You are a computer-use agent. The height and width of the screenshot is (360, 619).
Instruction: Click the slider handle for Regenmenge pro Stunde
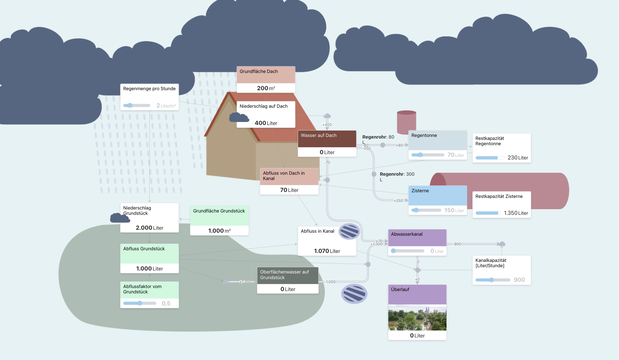click(130, 105)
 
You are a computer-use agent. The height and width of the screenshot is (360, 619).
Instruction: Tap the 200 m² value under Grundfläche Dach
click(266, 88)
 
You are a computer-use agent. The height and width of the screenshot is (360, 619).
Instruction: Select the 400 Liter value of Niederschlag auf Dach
click(266, 123)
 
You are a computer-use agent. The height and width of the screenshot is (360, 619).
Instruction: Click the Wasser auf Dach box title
click(318, 135)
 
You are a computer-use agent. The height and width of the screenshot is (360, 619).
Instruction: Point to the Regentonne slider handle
click(420, 155)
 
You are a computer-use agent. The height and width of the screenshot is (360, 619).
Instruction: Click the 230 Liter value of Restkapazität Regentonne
click(517, 158)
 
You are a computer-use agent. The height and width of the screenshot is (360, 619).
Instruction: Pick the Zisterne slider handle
click(416, 210)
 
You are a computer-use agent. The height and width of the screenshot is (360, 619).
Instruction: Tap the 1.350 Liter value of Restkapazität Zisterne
click(516, 213)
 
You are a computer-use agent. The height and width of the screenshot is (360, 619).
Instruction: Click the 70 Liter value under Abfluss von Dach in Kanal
click(289, 190)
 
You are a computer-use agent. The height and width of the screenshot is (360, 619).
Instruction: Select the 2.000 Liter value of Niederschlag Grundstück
click(149, 228)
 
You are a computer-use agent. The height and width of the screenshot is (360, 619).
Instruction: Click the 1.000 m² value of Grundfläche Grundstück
click(219, 231)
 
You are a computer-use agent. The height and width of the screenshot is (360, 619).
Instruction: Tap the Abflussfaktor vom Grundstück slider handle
click(140, 303)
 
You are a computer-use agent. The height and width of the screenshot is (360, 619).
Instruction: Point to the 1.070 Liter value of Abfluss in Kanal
click(327, 251)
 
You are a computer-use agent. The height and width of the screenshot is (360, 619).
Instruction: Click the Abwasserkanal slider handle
click(393, 251)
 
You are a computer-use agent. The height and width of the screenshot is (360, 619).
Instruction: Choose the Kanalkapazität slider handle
click(491, 280)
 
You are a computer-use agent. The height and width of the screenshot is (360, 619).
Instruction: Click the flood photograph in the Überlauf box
click(417, 318)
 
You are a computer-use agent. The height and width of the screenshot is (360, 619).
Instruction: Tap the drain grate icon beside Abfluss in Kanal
click(349, 231)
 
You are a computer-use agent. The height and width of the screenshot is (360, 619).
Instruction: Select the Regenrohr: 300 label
click(397, 174)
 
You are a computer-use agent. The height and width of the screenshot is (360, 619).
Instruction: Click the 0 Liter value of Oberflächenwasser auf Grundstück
click(288, 289)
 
